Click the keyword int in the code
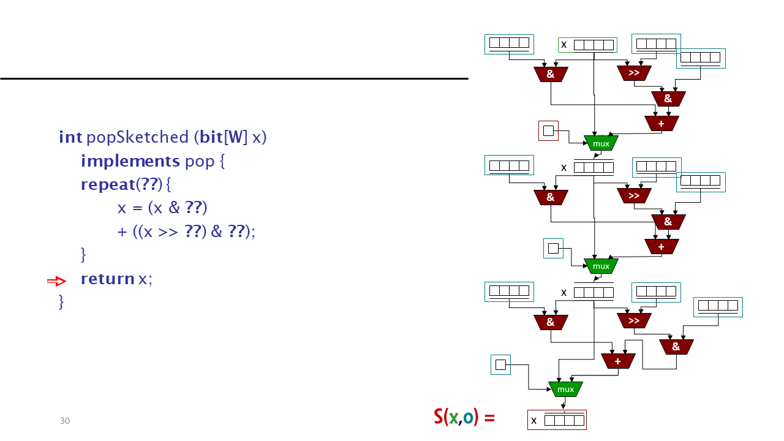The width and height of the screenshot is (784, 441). tap(70, 137)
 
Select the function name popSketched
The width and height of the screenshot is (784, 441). tap(138, 137)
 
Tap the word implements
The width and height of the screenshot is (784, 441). tap(130, 162)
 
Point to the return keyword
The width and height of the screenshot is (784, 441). tap(108, 279)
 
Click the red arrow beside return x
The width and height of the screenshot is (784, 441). tap(57, 281)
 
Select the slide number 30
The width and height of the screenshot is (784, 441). tap(65, 421)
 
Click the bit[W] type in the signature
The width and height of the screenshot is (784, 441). tap(224, 137)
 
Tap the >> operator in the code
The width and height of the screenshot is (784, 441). tap(168, 232)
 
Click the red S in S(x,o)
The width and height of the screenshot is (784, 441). tap(438, 417)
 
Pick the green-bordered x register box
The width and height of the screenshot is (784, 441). tap(587, 45)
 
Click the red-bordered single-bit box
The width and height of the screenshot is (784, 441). tap(548, 131)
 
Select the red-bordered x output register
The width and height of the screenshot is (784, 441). tap(557, 420)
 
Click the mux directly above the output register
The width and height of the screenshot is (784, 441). tap(565, 389)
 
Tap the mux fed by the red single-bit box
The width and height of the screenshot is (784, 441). tap(601, 143)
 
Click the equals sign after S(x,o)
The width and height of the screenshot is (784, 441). tap(489, 418)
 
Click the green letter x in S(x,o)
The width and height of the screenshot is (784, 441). tap(454, 418)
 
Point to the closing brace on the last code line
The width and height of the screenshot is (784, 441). tap(61, 302)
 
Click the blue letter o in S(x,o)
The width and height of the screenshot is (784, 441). tap(468, 418)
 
